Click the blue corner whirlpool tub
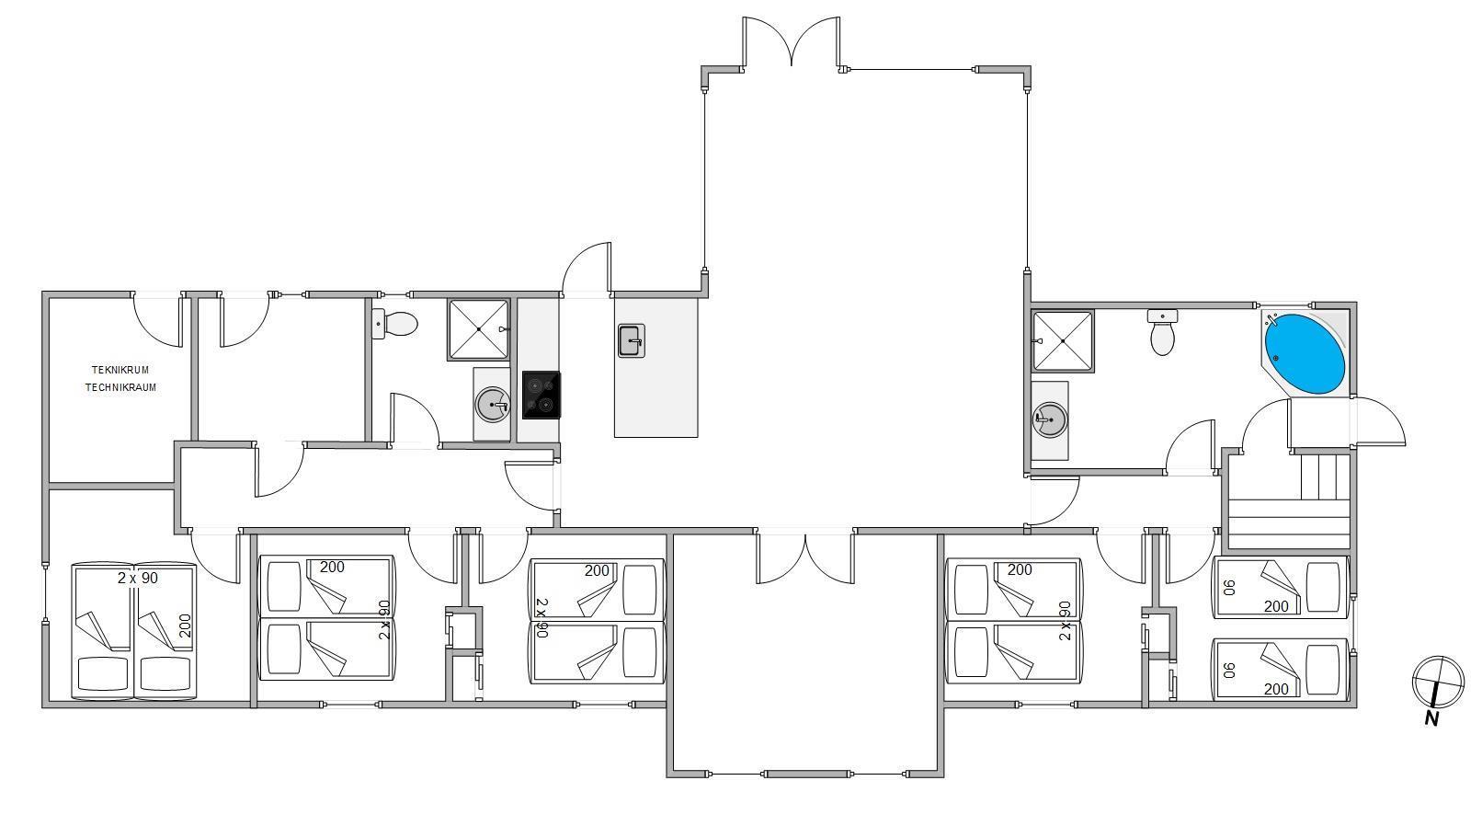tap(1305, 353)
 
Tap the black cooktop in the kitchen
tap(541, 396)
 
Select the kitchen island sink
tap(632, 341)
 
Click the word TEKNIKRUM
tap(120, 370)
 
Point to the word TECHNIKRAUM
tap(120, 387)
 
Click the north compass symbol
tap(1438, 681)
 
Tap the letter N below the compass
tap(1431, 718)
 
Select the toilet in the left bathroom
tap(394, 325)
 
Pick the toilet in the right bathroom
tap(1162, 332)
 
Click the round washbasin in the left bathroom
tap(493, 405)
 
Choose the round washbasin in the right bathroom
tap(1049, 419)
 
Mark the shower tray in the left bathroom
tap(478, 329)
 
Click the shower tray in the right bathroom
tap(1063, 341)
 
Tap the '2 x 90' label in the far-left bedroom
tap(138, 578)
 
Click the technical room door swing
tap(157, 320)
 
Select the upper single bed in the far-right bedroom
tap(1279, 587)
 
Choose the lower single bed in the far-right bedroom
tap(1279, 669)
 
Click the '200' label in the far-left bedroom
tap(186, 626)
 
